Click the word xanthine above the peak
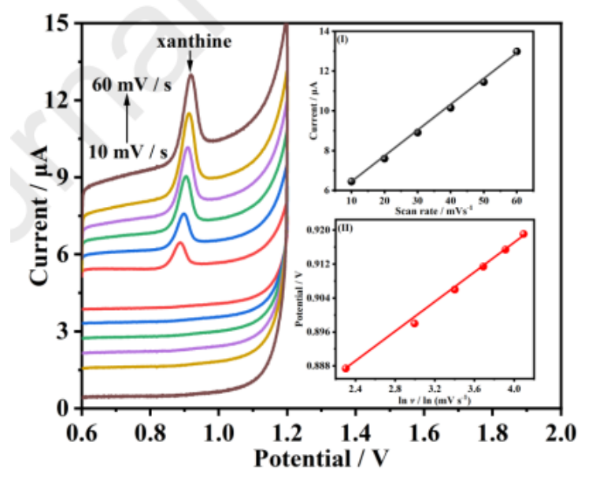(x=193, y=42)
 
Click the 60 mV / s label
(x=131, y=85)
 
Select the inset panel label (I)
(x=344, y=39)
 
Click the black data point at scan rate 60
(x=516, y=51)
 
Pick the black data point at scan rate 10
(x=351, y=182)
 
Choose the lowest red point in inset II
(x=346, y=368)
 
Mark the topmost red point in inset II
(x=524, y=234)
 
